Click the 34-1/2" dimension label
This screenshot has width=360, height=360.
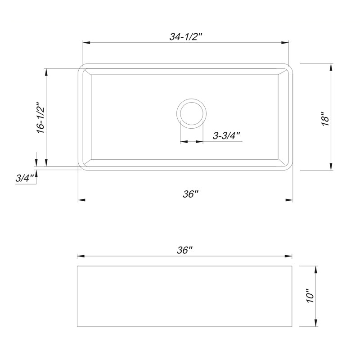185,36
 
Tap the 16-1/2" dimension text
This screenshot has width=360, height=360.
41,118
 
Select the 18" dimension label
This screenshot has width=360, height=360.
325,119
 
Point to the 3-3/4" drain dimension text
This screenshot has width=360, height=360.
226,136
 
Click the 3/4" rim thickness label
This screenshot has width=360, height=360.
25,178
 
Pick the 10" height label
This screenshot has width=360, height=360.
310,296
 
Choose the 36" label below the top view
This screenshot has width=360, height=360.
190,194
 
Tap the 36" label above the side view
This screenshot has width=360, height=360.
184,250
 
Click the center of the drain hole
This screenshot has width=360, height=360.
192,114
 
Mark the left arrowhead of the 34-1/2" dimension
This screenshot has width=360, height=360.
86,42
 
